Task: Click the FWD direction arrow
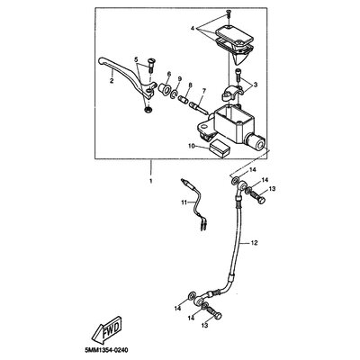(106, 331)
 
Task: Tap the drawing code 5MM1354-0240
(107, 351)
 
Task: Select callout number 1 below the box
(151, 181)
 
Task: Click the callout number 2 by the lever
(112, 81)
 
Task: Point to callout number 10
(192, 146)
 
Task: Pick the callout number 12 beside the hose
(254, 243)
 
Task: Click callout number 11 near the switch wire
(184, 202)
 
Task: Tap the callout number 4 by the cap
(193, 29)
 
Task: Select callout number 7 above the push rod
(204, 90)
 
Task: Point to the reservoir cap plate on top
(234, 34)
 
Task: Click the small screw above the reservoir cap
(229, 13)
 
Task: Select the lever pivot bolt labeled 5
(150, 65)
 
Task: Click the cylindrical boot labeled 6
(166, 88)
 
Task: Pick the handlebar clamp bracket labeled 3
(232, 94)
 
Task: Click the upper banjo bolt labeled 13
(258, 198)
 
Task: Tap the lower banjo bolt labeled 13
(214, 314)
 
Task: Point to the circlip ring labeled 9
(175, 94)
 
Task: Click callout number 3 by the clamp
(256, 85)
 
